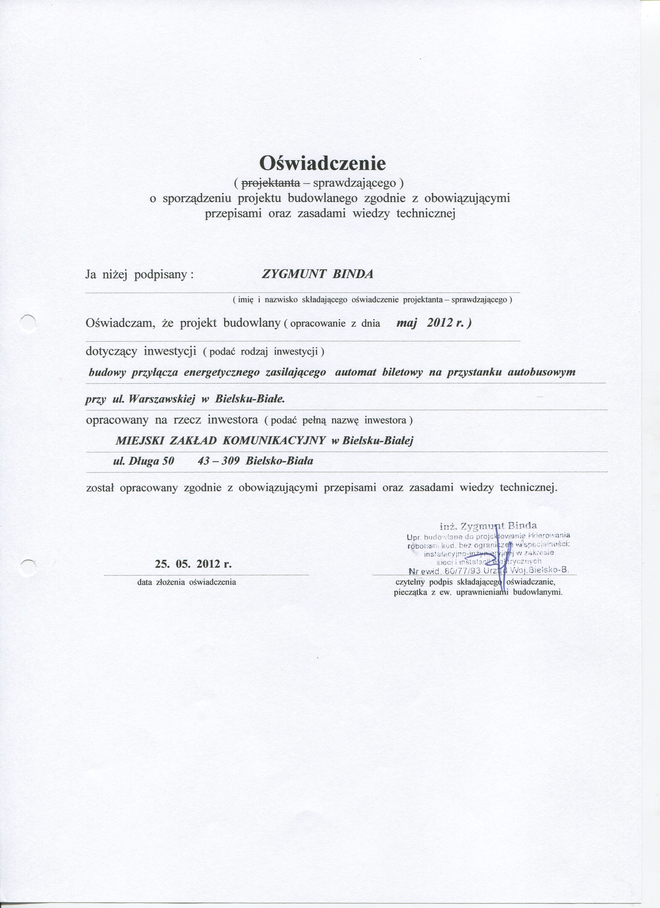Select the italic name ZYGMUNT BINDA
(317, 275)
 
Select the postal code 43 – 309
(219, 461)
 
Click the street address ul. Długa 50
(144, 461)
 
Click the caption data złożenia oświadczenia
(187, 582)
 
